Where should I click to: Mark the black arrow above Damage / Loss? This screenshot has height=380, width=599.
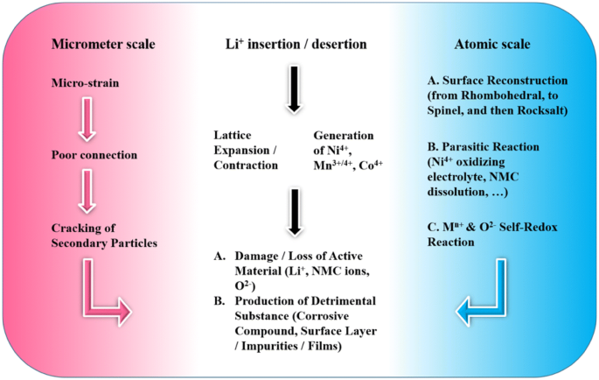(295, 213)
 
